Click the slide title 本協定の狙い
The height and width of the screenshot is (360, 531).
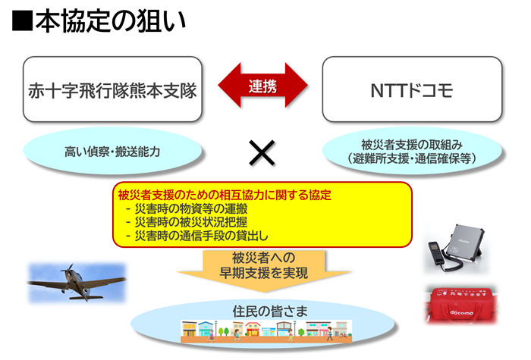click(x=111, y=21)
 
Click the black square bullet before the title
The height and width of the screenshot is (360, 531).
click(x=22, y=21)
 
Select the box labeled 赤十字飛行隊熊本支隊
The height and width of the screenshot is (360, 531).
click(x=112, y=89)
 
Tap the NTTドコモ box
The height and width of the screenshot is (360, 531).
click(x=412, y=89)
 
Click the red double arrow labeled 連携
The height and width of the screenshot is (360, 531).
click(x=262, y=86)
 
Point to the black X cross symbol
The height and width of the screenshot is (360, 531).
click(x=262, y=153)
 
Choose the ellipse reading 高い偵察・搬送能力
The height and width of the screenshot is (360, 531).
click(x=112, y=152)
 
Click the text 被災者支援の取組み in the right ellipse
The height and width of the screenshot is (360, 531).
click(x=412, y=145)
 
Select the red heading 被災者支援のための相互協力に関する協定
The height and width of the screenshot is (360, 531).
click(x=225, y=195)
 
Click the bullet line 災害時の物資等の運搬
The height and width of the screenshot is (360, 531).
click(x=187, y=208)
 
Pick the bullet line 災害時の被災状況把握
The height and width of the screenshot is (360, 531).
click(x=187, y=222)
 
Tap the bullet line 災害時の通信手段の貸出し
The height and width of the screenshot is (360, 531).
click(x=196, y=236)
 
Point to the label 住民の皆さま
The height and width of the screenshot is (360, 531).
click(x=270, y=311)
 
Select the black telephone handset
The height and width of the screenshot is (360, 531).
click(x=436, y=254)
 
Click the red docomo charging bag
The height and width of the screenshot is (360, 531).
click(x=461, y=305)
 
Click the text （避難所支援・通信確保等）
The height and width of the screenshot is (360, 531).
click(x=412, y=158)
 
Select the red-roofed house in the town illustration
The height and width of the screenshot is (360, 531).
click(x=253, y=329)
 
